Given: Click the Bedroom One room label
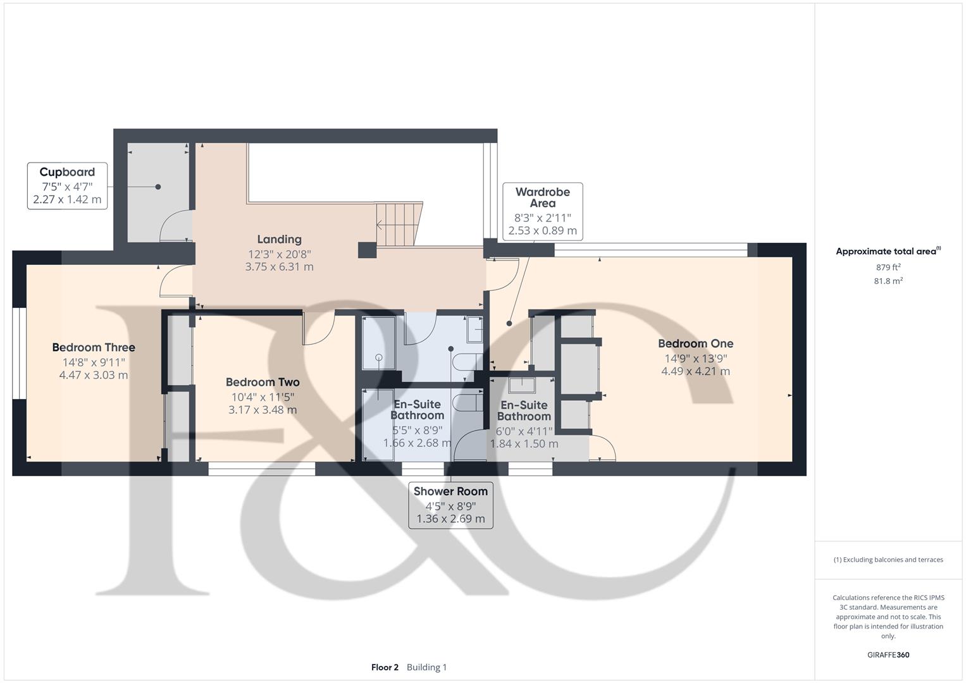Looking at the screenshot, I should pos(695,343).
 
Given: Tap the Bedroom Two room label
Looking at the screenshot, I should pos(263,382).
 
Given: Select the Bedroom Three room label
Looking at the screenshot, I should pos(94,347).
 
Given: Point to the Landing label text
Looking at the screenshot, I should pos(279,239).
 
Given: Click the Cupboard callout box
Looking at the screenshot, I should pos(67,186).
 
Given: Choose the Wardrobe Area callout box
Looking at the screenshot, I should pos(542,211).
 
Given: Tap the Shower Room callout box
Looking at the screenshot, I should pos(450,505).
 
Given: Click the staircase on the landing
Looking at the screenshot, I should pos(399,224).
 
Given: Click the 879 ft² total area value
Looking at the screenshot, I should pos(888,267).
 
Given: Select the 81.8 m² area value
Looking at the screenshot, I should pos(888,281).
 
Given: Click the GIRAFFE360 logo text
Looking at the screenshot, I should pos(888,655).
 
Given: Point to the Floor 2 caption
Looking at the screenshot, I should pos(385,667).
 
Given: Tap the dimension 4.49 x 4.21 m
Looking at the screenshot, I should pos(695,371).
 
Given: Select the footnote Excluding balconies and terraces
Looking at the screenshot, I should pos(888,560).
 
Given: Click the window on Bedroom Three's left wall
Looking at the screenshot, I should pos(19,354).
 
